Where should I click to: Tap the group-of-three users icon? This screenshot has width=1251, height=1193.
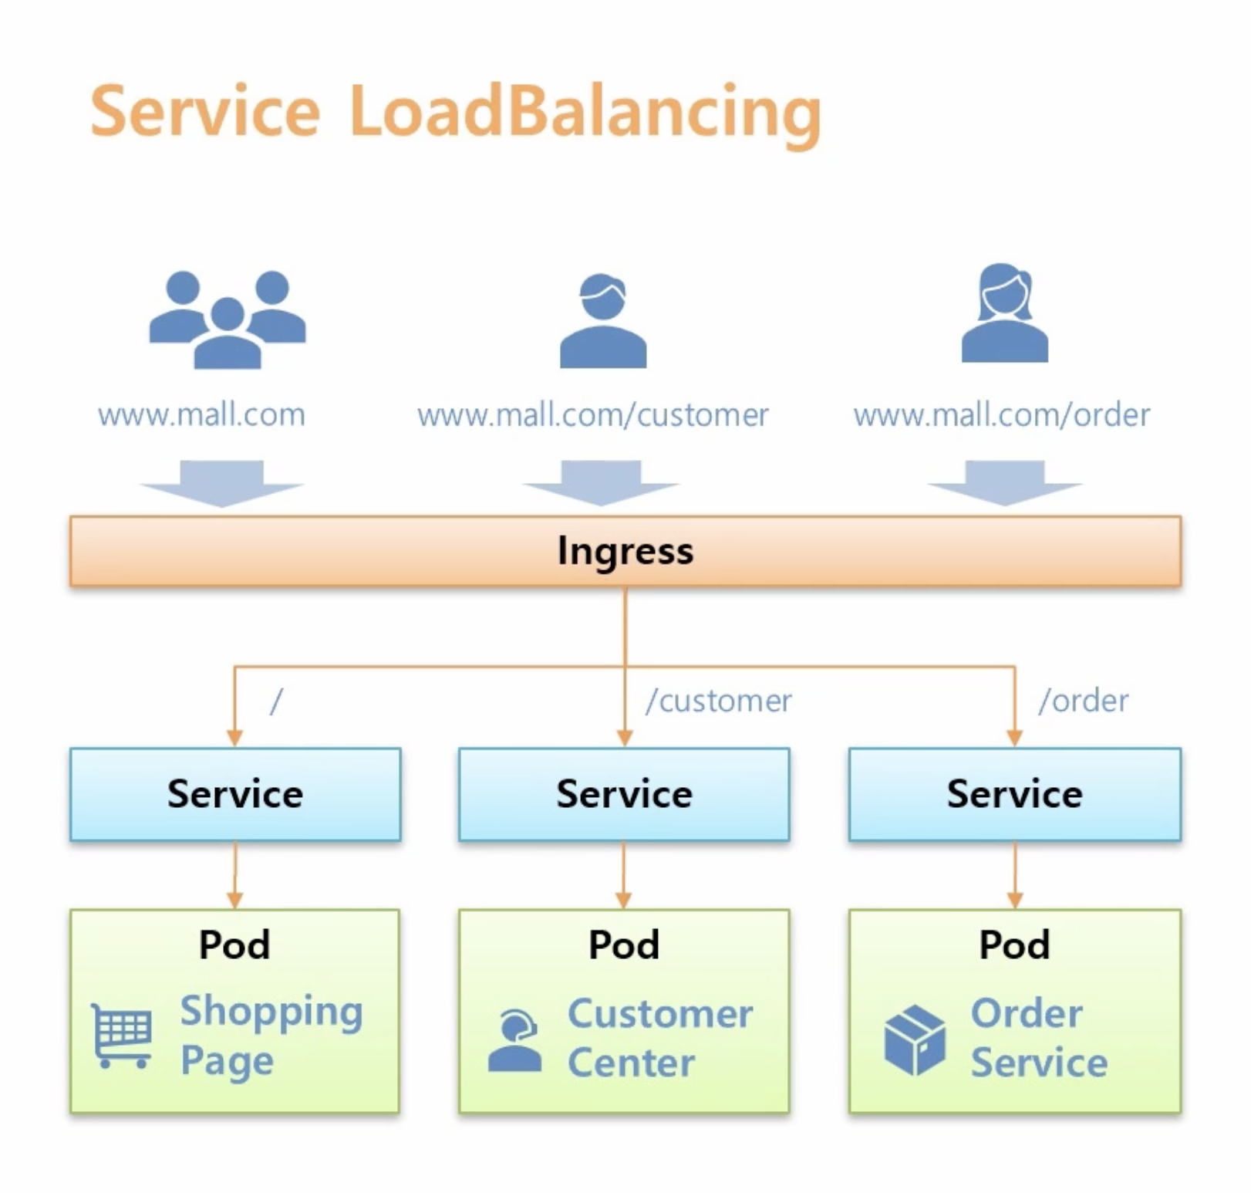(228, 319)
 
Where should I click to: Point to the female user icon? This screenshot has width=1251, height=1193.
(1004, 314)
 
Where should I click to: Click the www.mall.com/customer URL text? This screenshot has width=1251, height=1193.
(592, 415)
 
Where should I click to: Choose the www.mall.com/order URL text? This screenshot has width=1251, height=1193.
(1001, 415)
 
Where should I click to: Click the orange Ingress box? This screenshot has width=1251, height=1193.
(625, 551)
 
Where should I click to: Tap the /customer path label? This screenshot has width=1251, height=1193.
(719, 701)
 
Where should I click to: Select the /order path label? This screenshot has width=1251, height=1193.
(1084, 701)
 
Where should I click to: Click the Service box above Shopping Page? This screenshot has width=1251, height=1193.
(235, 794)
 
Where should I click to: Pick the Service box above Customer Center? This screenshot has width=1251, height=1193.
(624, 794)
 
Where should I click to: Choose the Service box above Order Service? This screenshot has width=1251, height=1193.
(1014, 794)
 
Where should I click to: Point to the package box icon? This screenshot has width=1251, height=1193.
(915, 1039)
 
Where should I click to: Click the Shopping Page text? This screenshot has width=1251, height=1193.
(270, 1036)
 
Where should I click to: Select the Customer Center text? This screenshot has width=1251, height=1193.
(659, 1038)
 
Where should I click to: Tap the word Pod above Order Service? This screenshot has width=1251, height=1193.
(1014, 945)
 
